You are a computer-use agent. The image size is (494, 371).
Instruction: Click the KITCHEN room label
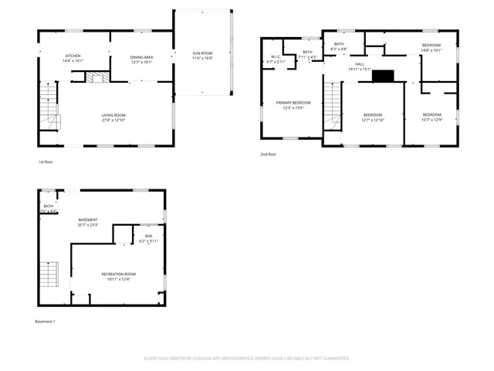(73, 56)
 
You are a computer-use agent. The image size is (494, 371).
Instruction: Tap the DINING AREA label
(140, 56)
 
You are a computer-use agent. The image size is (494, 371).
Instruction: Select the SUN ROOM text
(202, 53)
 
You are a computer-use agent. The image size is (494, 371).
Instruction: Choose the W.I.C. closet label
(275, 58)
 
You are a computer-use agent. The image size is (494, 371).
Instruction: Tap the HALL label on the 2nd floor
(360, 64)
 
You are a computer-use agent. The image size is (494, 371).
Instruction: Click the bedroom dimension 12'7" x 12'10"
(372, 120)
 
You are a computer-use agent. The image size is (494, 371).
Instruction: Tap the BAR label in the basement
(148, 237)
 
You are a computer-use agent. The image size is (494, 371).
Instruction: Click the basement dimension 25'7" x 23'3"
(88, 225)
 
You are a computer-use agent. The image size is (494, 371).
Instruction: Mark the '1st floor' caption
(46, 162)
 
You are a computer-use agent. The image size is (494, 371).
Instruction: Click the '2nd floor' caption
(268, 155)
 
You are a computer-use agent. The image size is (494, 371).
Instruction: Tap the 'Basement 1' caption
(45, 321)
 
